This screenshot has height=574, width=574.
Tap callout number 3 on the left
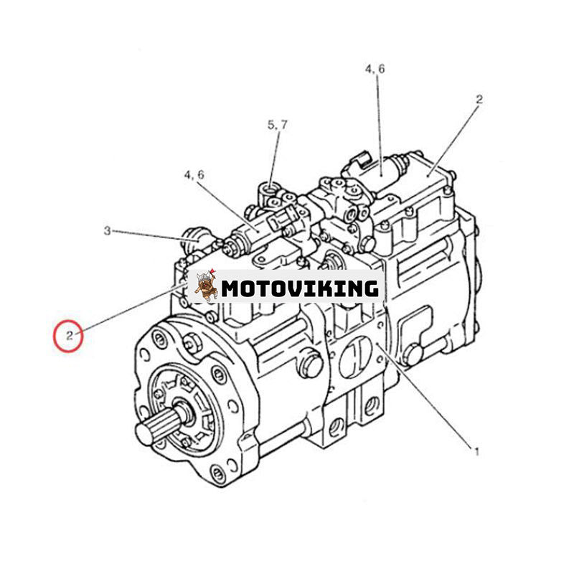point(107,231)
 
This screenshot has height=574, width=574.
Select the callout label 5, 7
point(278,126)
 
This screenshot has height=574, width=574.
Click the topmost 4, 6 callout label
point(375,69)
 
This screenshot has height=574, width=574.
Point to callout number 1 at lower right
point(476,452)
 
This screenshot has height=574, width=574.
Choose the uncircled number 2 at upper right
point(479,99)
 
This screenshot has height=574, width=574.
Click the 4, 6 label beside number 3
point(194,175)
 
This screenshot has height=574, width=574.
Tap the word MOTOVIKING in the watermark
point(300,288)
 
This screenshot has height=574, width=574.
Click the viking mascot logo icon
point(206,286)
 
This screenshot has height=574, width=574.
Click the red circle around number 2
point(68,336)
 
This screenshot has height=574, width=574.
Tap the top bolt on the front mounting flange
point(159,339)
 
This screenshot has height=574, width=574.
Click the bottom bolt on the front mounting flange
point(217,474)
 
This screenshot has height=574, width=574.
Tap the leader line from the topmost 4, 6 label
point(380,126)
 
